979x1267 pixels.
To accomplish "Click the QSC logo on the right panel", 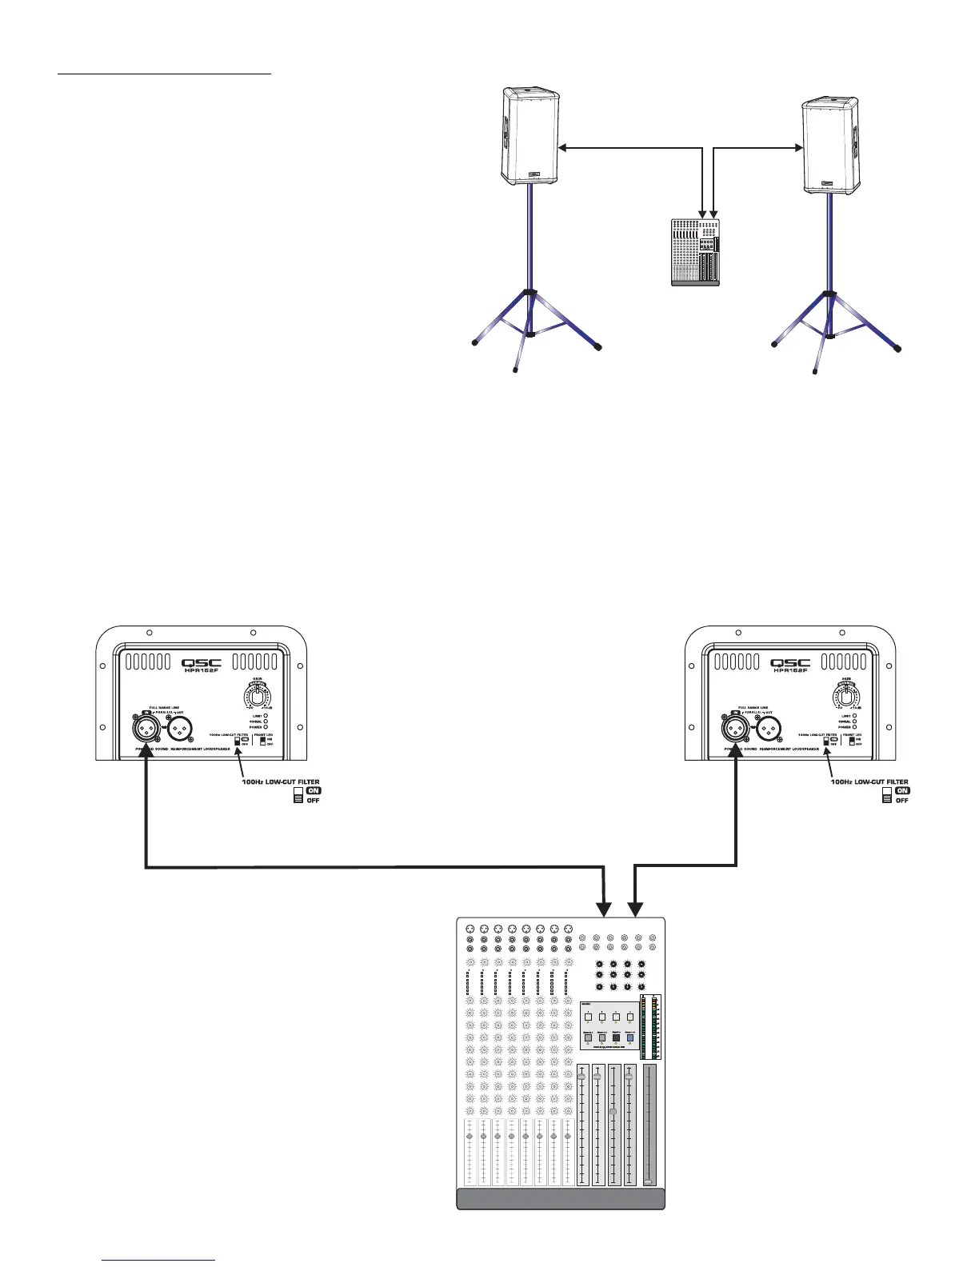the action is click(790, 663).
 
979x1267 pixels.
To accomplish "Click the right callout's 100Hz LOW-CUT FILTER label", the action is click(869, 782).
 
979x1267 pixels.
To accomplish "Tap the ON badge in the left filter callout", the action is click(314, 791).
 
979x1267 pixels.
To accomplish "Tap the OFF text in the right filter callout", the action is click(901, 801).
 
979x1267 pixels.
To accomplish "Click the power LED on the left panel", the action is click(266, 727).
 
